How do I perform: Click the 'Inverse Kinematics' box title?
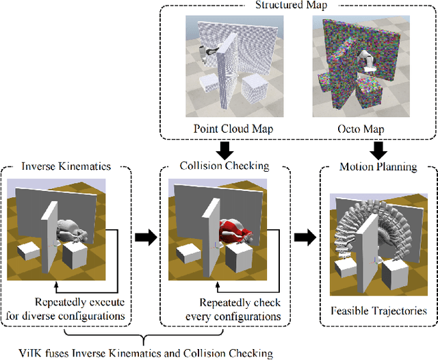pyautogui.click(x=66, y=166)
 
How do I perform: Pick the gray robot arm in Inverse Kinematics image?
pyautogui.click(x=74, y=230)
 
